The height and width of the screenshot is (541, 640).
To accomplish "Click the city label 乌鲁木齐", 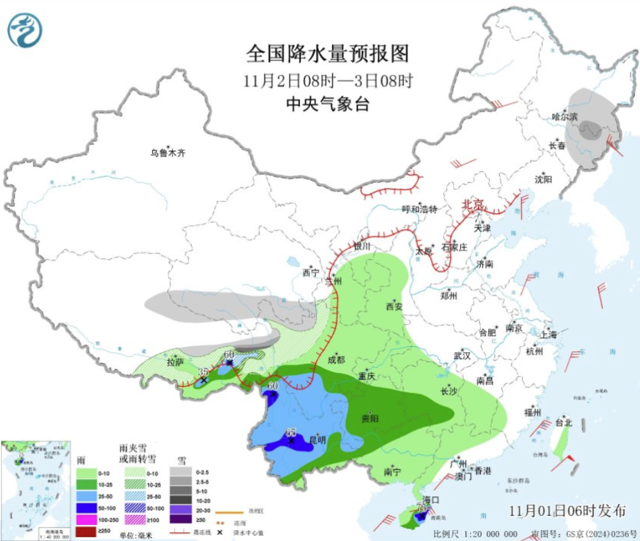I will click(x=167, y=153).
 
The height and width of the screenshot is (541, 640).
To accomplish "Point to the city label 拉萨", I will click(x=175, y=363).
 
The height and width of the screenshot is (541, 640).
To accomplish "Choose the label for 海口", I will click(x=432, y=500).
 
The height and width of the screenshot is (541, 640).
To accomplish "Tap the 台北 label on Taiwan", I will click(x=563, y=422).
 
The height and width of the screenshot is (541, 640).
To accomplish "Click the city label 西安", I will click(x=394, y=307).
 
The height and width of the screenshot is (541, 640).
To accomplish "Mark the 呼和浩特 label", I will click(x=419, y=209).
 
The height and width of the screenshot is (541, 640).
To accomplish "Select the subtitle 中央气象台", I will click(x=327, y=104).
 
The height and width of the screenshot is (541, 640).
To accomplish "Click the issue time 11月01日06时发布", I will click(x=567, y=511).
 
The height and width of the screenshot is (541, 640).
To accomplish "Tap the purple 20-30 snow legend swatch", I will click(x=178, y=508).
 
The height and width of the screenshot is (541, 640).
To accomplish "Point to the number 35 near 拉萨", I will click(x=204, y=372).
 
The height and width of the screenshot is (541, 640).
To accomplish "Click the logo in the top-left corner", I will click(x=25, y=29).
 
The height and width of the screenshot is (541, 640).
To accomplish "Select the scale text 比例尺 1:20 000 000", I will click(x=475, y=534).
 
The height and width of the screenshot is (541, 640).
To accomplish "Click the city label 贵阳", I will click(x=370, y=418).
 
